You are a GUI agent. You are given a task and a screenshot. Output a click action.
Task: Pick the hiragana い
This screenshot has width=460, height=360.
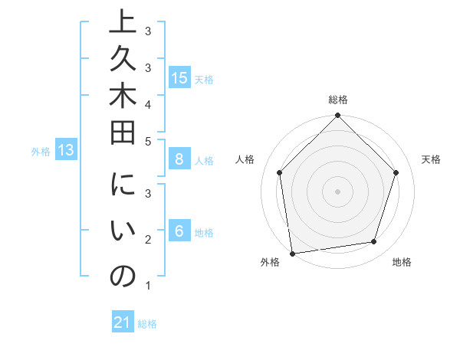point(123,233)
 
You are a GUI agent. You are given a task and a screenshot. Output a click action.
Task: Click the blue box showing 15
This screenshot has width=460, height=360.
point(179,77)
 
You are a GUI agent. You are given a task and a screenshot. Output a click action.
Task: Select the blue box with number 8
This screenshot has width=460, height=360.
point(179,159)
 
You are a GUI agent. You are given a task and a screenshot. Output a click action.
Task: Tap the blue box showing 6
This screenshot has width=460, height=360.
point(179,231)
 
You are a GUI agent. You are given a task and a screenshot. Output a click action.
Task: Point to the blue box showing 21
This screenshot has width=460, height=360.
point(123,322)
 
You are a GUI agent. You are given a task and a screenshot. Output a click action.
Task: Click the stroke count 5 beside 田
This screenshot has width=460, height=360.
point(147,139)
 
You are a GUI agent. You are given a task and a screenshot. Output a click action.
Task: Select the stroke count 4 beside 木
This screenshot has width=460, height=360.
point(147,103)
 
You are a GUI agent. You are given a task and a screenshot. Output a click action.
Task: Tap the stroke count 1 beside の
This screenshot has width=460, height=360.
point(147,286)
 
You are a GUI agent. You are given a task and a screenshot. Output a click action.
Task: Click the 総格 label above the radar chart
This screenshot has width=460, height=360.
point(338,100)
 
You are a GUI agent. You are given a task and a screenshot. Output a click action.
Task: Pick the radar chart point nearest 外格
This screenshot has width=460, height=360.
point(292,253)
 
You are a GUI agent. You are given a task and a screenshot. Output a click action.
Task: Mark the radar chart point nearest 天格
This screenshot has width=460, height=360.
point(396,172)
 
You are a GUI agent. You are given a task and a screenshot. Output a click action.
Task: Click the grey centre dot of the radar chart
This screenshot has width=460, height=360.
point(337,191)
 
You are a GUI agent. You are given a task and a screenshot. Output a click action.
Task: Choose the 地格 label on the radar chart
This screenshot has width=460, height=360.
point(402,262)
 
